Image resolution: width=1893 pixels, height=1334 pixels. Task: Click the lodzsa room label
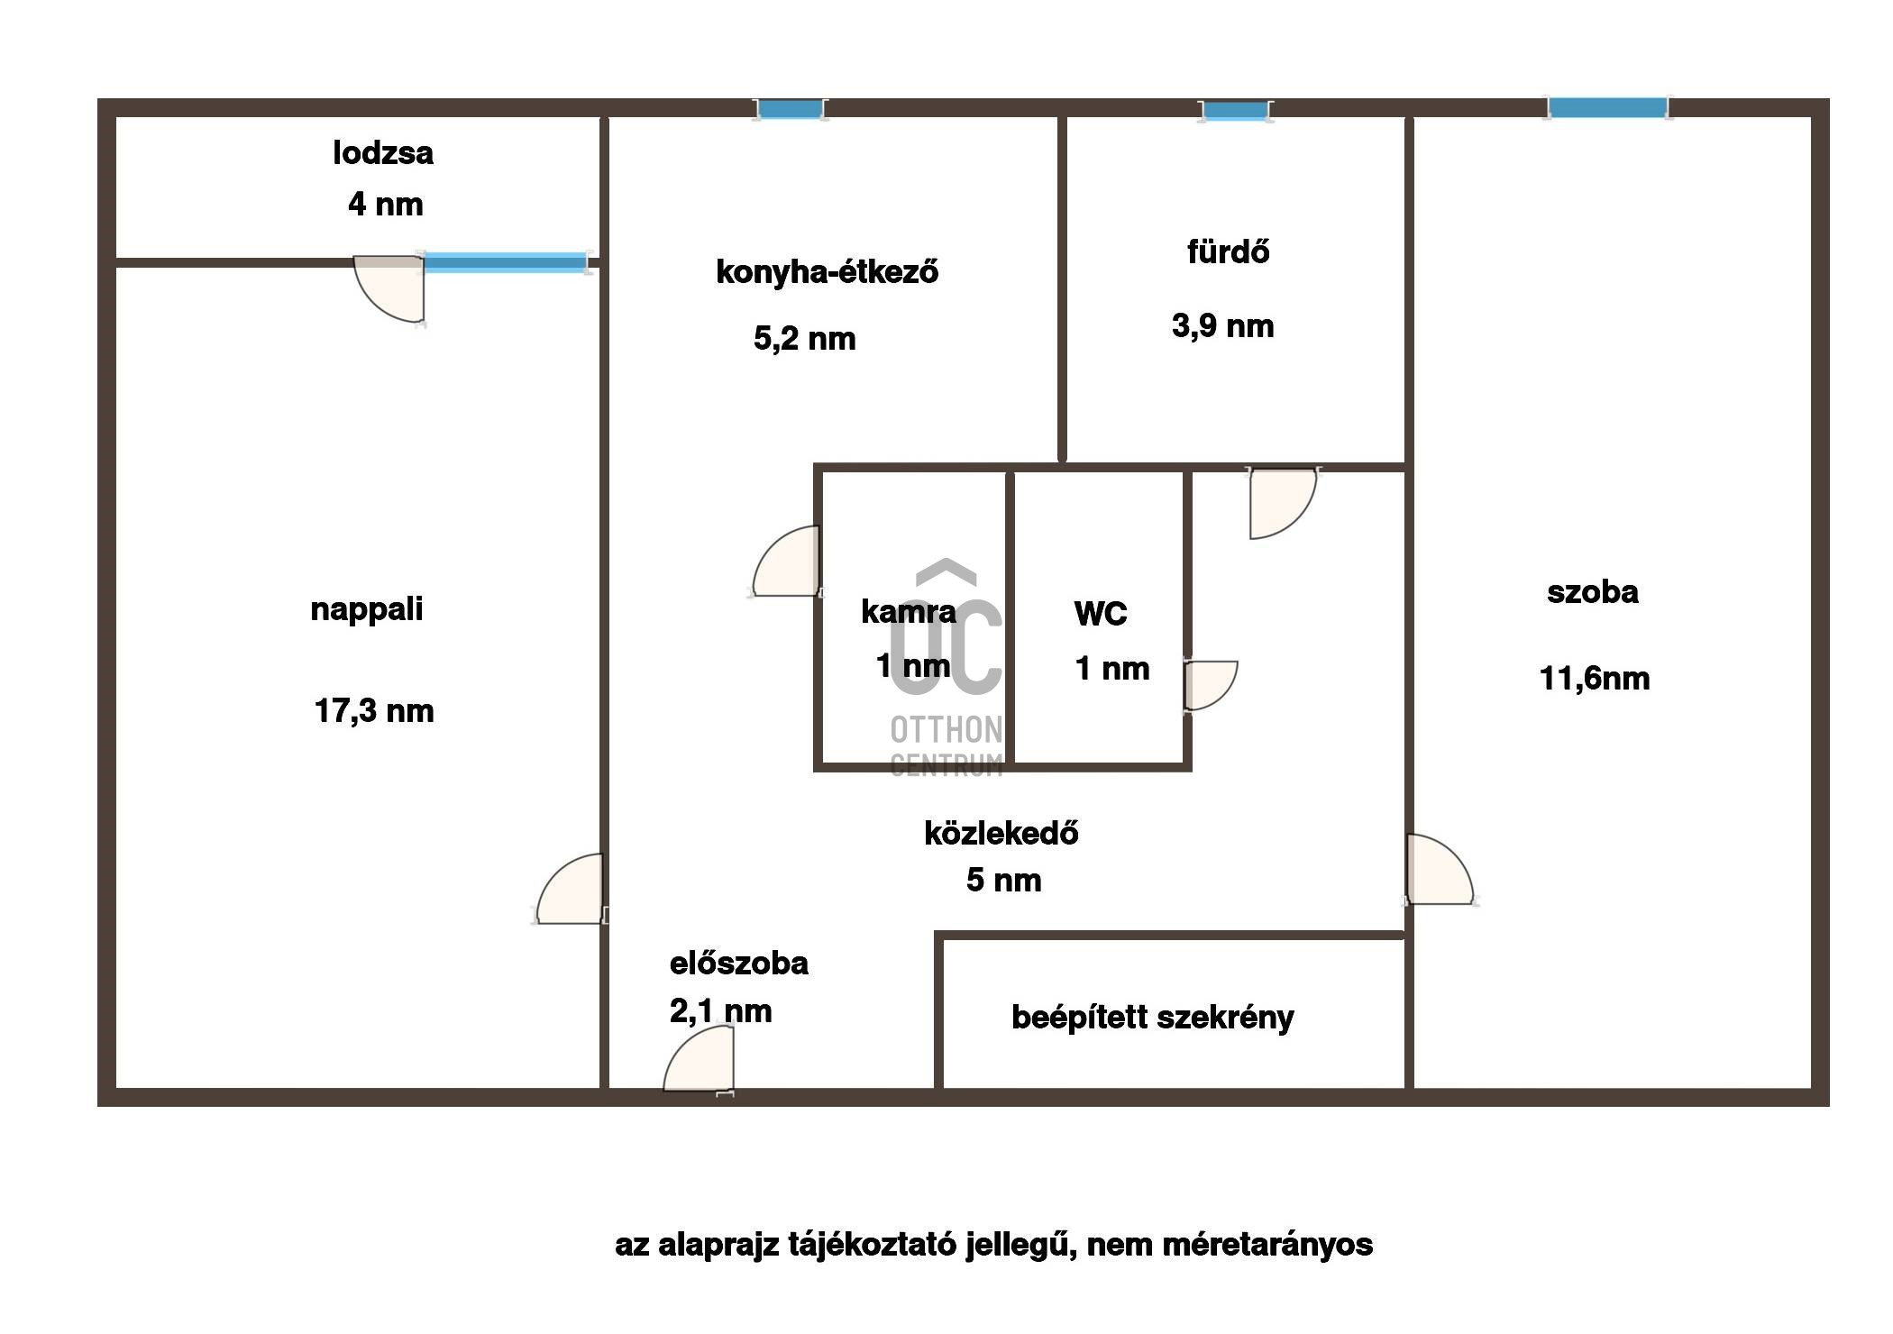click(383, 153)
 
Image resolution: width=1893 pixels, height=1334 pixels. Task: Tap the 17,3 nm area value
click(374, 711)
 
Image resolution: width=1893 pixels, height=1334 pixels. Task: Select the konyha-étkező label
click(827, 271)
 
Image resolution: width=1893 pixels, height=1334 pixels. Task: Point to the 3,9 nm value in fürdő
click(1223, 325)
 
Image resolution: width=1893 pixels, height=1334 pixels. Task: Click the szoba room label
click(1593, 592)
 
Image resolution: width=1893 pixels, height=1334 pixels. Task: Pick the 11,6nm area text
click(1595, 678)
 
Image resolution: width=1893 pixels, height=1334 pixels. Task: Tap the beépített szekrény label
click(1153, 1018)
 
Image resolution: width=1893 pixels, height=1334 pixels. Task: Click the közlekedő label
click(1001, 833)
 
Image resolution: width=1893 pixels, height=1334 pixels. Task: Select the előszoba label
click(739, 964)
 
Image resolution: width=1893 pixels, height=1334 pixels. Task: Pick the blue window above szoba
click(1607, 108)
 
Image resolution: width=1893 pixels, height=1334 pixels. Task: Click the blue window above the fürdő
click(1235, 111)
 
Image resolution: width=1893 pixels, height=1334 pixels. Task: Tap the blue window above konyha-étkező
click(791, 109)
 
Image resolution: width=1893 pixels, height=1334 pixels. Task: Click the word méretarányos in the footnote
click(1267, 1246)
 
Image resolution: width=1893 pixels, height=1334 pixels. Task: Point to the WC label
click(1101, 614)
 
